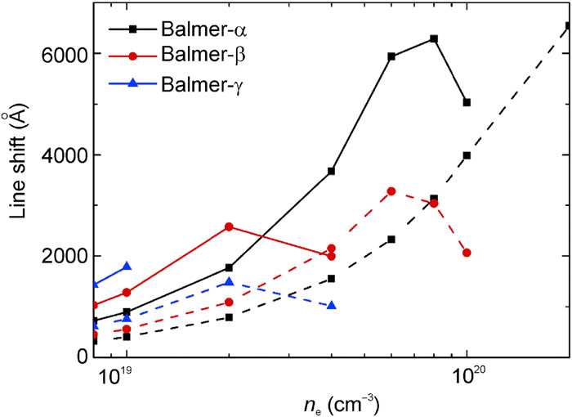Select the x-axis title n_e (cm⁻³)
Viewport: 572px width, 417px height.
coord(331,403)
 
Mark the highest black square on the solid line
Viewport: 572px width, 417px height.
coord(434,38)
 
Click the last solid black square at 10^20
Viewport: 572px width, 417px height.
coord(467,102)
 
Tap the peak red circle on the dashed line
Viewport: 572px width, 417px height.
coord(391,191)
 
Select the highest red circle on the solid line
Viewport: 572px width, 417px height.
coord(229,226)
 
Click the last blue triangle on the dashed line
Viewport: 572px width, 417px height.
coord(331,305)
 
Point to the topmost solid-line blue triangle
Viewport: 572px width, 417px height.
coord(127,267)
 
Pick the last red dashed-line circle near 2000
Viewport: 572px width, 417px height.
coord(467,253)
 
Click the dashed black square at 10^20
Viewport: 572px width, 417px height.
coord(467,155)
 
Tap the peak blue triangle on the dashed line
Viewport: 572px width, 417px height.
coord(229,281)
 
